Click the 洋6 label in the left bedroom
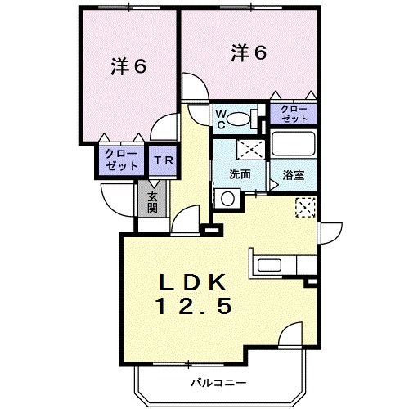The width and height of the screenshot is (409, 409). [x=128, y=67]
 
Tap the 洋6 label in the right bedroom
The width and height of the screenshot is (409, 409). [x=249, y=53]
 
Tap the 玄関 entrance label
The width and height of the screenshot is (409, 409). [x=153, y=201]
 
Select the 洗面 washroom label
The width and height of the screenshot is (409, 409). [x=239, y=174]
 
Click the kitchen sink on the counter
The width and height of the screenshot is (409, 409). [x=269, y=264]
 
